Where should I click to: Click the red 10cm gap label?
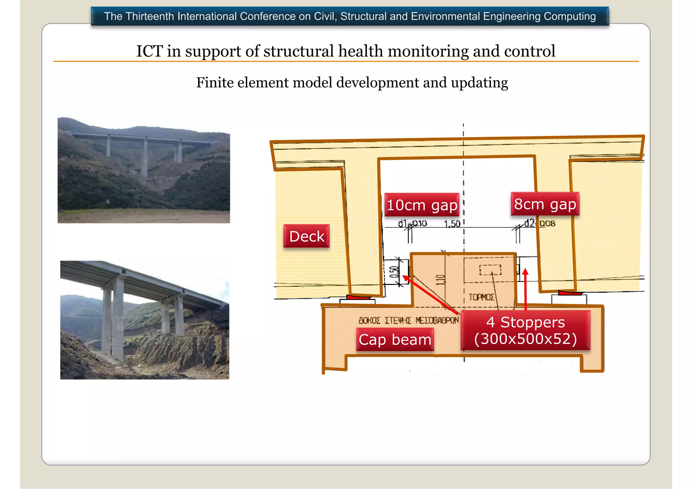point(422,205)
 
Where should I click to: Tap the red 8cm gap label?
point(545,204)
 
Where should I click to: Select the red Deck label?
point(306,236)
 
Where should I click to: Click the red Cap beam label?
point(395,339)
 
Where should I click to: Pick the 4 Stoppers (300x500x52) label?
point(525,330)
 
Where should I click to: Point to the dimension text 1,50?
point(452,224)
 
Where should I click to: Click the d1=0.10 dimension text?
point(412,224)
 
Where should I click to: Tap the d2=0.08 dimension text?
point(540,223)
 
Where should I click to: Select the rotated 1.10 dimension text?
point(440,280)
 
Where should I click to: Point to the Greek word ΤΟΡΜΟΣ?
point(481,297)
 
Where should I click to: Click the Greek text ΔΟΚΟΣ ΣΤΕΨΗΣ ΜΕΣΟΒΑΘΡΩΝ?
point(409,320)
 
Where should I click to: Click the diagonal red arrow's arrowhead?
point(405,278)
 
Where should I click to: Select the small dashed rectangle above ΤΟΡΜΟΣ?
point(490,269)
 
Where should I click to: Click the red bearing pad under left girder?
point(358,297)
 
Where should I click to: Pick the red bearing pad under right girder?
point(570,293)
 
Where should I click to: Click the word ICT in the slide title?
point(149,51)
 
